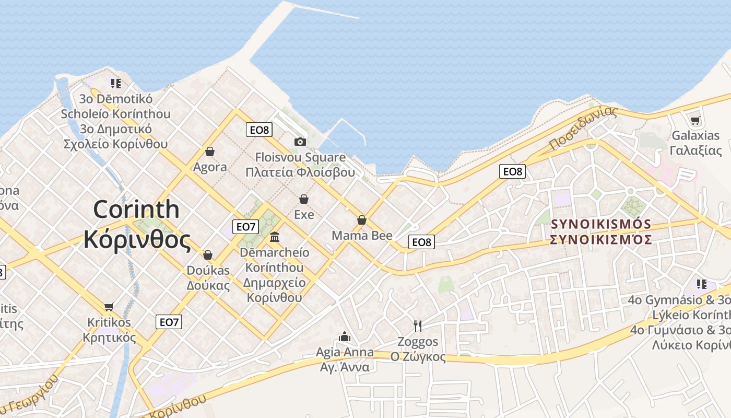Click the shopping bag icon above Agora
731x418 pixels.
tap(210, 152)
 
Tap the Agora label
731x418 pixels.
tap(210, 167)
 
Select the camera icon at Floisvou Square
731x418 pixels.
tap(300, 142)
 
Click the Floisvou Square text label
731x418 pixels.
tap(300, 157)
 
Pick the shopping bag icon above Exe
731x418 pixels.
tap(304, 199)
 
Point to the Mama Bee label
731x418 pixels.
tap(362, 236)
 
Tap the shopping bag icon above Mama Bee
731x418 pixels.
tap(361, 220)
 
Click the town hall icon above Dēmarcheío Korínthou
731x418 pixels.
tap(275, 238)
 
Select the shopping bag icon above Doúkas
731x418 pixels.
tap(208, 255)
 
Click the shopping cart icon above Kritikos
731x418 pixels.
tap(109, 307)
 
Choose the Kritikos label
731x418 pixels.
tap(109, 322)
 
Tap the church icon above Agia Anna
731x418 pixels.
tap(345, 336)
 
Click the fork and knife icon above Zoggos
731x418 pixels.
tap(418, 326)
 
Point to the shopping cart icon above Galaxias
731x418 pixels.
tap(695, 121)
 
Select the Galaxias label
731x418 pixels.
tap(695, 136)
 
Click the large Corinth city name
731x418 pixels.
tap(136, 210)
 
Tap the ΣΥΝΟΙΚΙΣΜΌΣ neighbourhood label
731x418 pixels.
tap(601, 225)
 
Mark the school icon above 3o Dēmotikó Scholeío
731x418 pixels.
tap(115, 83)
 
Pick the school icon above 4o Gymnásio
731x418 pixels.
tap(702, 284)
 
